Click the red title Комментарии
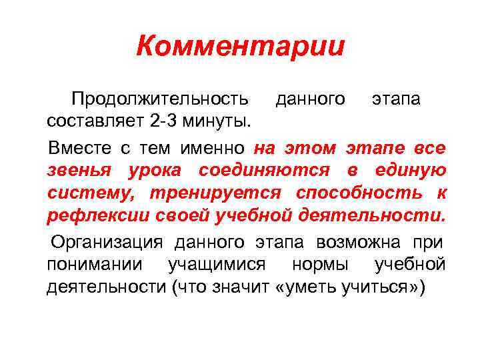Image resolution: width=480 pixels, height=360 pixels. (x=240, y=47)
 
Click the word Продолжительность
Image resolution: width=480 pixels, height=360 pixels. (x=161, y=99)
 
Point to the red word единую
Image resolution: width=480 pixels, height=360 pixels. (x=408, y=170)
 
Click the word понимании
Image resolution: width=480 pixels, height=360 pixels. (x=95, y=265)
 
